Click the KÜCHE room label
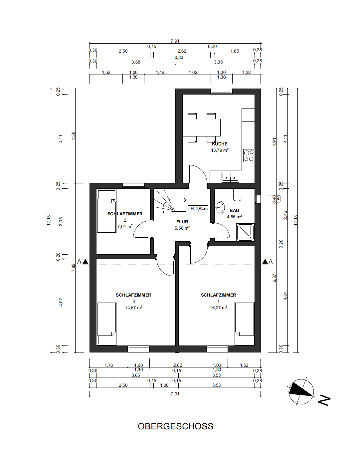[220, 144]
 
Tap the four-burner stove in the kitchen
[249, 156]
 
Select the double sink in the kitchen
[231, 177]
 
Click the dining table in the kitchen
[202, 127]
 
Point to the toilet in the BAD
[237, 195]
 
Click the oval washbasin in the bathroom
[220, 207]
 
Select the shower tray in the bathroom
[245, 232]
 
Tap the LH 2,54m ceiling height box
[198, 209]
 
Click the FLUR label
[182, 222]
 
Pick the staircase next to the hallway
[170, 201]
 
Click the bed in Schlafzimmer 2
[106, 211]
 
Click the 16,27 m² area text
[219, 308]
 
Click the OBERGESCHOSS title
[176, 426]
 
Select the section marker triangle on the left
[85, 262]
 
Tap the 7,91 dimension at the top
[175, 41]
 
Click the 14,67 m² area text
[133, 308]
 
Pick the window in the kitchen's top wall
[221, 92]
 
